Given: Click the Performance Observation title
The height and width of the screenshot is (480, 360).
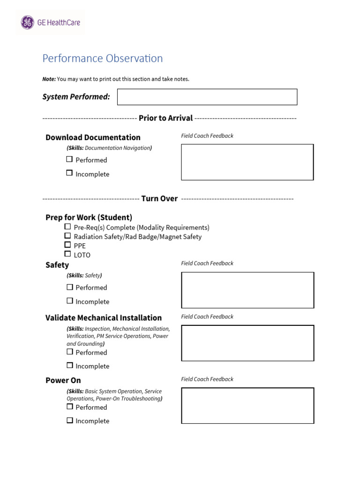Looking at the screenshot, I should click(102, 59).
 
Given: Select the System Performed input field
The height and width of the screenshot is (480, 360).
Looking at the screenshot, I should click(207, 97).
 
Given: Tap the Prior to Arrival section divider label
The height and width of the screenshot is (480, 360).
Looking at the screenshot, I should click(165, 118).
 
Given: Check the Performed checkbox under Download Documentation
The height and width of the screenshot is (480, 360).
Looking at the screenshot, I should click(69, 159).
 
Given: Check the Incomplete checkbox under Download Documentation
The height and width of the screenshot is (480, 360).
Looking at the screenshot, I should click(69, 173).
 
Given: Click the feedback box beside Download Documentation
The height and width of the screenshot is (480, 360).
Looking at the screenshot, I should click(247, 162).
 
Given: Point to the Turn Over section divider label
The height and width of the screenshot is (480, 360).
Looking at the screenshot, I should click(159, 199).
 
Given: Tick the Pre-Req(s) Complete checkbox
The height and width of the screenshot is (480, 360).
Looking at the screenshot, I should click(68, 227).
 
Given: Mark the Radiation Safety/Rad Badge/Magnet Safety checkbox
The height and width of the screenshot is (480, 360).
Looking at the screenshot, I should click(68, 236).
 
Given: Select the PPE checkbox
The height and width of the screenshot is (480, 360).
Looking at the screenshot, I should click(68, 245).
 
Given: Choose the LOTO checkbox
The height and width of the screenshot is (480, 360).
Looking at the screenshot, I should click(68, 254).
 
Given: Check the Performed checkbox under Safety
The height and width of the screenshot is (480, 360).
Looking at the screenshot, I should click(69, 287).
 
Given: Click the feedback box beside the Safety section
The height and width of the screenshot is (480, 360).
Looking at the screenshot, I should click(247, 290).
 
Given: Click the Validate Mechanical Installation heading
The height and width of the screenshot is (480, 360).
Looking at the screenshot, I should click(104, 318).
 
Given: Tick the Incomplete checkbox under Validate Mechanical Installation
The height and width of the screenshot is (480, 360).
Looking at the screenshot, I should click(69, 365).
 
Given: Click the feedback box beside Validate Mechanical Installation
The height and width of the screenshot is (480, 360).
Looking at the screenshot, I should click(247, 343).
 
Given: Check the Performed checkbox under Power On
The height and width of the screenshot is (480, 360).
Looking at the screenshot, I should click(69, 406).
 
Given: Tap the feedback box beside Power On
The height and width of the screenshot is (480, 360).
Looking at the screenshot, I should click(247, 405).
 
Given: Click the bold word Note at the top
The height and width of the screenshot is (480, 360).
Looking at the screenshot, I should click(49, 79).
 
